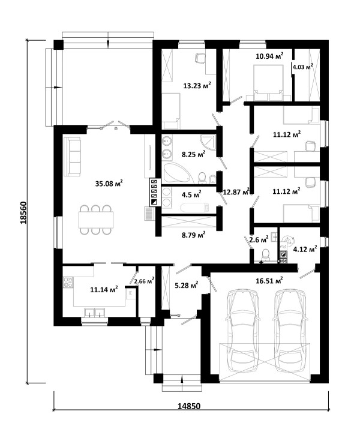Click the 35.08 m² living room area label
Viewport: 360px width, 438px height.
click(109, 183)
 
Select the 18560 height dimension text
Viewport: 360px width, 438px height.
click(23, 212)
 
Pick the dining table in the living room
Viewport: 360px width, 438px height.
click(96, 220)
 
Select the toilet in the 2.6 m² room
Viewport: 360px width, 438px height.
click(265, 256)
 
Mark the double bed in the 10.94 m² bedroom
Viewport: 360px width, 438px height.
click(268, 83)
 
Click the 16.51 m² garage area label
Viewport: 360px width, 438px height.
click(269, 280)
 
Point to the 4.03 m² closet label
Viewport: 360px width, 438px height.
click(303, 67)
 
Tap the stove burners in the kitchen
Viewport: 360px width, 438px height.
click(68, 282)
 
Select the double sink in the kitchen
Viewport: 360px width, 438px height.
click(95, 312)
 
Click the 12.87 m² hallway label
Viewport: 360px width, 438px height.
click(236, 191)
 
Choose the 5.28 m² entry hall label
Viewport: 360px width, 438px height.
click(186, 285)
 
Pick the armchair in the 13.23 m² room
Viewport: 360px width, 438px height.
click(200, 58)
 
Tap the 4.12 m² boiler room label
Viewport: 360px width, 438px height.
click(305, 248)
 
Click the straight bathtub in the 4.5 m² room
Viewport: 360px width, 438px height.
click(194, 208)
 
